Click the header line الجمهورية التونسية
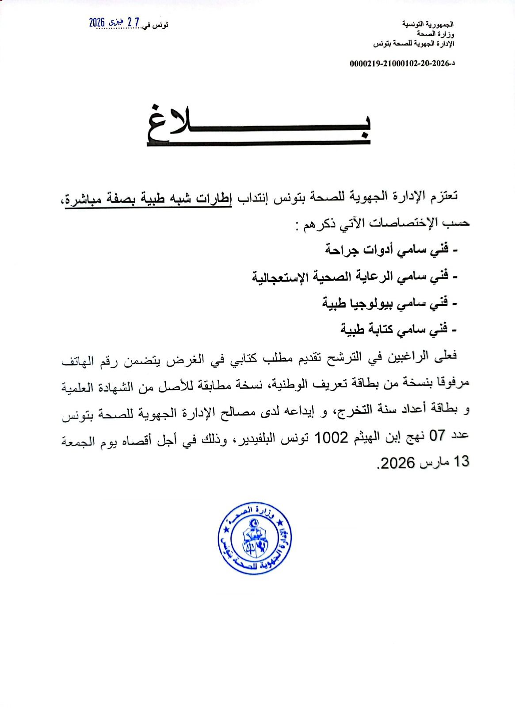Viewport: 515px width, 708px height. (x=427, y=24)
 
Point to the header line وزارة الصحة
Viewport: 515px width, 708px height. (x=436, y=34)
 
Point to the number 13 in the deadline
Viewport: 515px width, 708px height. (x=461, y=462)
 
